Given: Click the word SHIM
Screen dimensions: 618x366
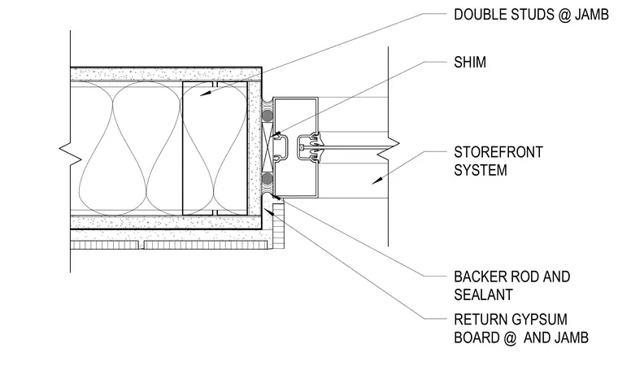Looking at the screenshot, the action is click(x=470, y=63).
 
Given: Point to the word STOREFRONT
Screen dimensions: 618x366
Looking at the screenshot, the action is click(x=498, y=152).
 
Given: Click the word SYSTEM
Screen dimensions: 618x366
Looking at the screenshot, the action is click(x=481, y=170).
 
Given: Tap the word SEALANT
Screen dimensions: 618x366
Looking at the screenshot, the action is click(x=483, y=295).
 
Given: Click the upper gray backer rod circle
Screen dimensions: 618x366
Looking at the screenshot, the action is click(x=268, y=115).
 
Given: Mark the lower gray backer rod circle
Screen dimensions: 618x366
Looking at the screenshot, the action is click(x=268, y=179).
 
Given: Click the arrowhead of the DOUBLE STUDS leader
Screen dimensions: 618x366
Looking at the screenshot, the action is click(x=206, y=93).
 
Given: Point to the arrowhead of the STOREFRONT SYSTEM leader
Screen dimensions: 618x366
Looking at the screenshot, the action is click(x=377, y=181).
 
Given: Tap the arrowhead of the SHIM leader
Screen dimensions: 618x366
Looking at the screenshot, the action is click(x=275, y=135).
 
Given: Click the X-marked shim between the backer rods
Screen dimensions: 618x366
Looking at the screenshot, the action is click(x=268, y=146).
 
